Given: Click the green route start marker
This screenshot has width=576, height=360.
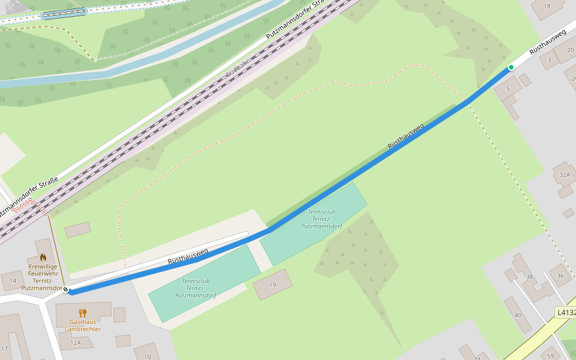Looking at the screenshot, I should pos(511,67).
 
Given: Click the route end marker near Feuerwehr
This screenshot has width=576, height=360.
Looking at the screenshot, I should pos(66,290).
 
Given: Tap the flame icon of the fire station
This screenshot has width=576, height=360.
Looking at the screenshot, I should pos(43,257).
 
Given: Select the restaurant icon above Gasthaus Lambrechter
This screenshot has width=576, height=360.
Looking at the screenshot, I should pos(83,313).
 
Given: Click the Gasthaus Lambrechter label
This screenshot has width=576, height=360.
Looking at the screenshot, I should pos(83,325).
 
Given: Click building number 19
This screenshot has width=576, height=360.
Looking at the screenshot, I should pos(272,284).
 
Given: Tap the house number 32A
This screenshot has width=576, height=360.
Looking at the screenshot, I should pos(564,175).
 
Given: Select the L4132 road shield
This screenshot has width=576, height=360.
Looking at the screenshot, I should pos(566,313).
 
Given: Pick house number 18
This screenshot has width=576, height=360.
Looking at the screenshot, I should pos(546,6).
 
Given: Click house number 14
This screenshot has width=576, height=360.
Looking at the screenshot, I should pos(13,280).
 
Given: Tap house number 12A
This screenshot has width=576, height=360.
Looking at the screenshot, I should pos(75,343).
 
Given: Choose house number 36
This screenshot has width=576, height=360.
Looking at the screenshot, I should pos(560,275).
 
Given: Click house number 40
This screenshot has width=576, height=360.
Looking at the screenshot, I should pos(518,315).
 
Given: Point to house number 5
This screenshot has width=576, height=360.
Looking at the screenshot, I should pos(508,89).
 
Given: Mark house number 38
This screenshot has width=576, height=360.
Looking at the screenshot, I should pos(529,277).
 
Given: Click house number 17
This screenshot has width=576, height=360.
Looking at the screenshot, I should pos(4,349).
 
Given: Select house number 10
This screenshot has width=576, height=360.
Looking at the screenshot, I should pos(147,357).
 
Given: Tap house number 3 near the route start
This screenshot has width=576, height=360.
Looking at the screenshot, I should pos(548,60).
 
